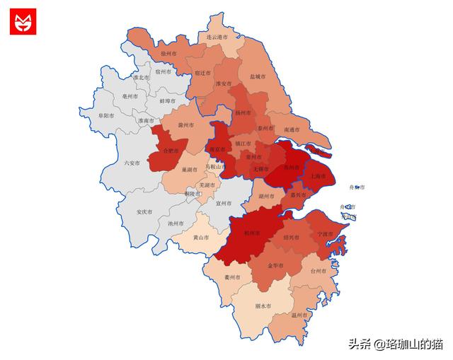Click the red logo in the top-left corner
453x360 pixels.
tap(23, 21)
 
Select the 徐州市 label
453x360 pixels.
tap(169, 54)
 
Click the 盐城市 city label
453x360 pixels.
tap(258, 76)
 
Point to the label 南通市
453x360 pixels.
tap(293, 130)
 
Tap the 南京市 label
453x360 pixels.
tap(217, 150)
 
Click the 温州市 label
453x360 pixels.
tap(300, 315)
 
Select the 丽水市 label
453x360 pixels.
tap(263, 306)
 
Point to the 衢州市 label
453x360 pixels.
tap(232, 277)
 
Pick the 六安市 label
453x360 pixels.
tap(132, 163)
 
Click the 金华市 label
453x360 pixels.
tap(275, 266)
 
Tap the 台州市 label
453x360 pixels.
tap(319, 271)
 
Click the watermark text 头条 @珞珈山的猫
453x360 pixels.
tap(395, 344)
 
